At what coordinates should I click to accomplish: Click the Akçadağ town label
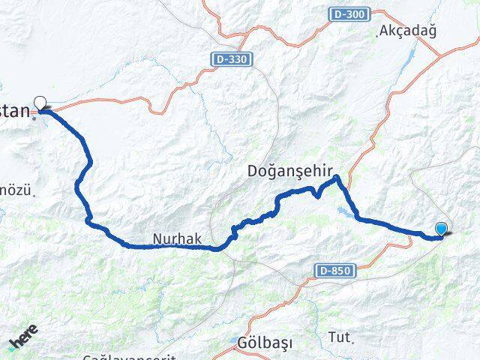coord(409,31)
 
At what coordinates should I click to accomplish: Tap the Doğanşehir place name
coord(289,171)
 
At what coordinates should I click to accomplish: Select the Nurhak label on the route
coord(177,238)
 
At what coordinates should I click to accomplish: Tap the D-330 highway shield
coord(231,58)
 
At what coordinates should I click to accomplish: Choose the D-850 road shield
coord(334,269)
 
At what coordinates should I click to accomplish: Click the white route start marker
coord(40,102)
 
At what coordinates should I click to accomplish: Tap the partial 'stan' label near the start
coord(15,112)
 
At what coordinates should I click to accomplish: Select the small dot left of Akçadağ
coord(377,34)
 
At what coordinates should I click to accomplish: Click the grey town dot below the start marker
coord(34,118)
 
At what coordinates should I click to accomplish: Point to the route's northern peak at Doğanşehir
coord(337,177)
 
